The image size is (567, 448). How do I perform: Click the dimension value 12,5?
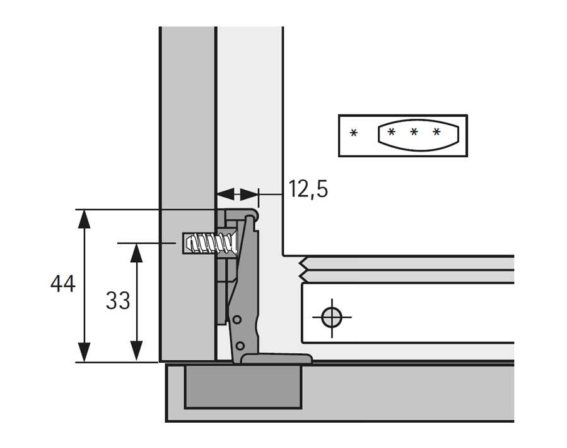coord(308,188)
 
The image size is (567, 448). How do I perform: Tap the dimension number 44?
coord(63,284)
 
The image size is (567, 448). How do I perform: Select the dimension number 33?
coord(118,301)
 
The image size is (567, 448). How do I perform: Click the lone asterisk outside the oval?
coord(354,133)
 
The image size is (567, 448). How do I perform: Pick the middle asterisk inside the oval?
coord(414,132)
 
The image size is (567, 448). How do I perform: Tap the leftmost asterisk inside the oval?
coord(392,132)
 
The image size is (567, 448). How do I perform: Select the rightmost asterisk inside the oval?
coord(436,132)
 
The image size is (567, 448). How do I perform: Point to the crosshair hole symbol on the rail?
coord(330,317)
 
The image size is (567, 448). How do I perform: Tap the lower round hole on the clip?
coord(240,346)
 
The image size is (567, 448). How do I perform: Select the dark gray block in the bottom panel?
coord(242,387)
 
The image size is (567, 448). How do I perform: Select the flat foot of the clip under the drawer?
coord(278,359)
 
